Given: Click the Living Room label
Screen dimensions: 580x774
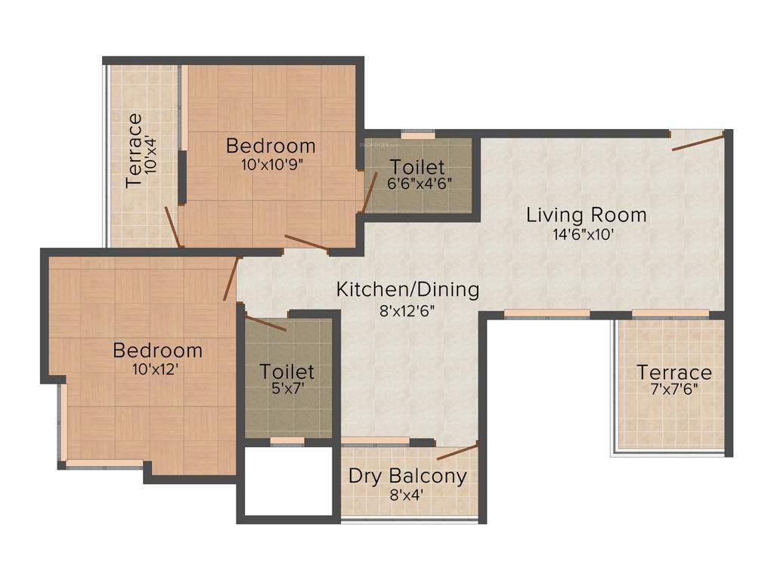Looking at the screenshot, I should pyautogui.click(x=587, y=215).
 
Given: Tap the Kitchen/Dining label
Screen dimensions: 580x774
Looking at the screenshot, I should pyautogui.click(x=407, y=289).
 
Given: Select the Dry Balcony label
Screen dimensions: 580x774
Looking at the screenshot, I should pyautogui.click(x=407, y=477).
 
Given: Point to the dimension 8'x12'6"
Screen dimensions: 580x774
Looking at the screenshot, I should pyautogui.click(x=407, y=309).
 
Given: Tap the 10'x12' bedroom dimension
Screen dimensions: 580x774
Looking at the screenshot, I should pyautogui.click(x=157, y=369).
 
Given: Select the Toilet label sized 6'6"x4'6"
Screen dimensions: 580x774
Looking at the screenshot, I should pyautogui.click(x=417, y=167).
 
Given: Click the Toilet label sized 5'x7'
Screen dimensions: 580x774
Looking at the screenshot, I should pyautogui.click(x=287, y=372).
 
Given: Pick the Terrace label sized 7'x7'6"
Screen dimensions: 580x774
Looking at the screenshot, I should pyautogui.click(x=673, y=372).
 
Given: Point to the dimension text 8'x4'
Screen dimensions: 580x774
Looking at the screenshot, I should pyautogui.click(x=407, y=495).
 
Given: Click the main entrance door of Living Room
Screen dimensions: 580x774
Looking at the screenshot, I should pyautogui.click(x=698, y=140).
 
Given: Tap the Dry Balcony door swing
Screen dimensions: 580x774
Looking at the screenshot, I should pyautogui.click(x=457, y=452).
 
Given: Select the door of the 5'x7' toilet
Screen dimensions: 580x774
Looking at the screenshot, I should pyautogui.click(x=265, y=323).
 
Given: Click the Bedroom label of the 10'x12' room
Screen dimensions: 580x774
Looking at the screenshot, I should pyautogui.click(x=157, y=350).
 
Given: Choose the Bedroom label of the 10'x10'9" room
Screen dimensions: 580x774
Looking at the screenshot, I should pyautogui.click(x=271, y=145).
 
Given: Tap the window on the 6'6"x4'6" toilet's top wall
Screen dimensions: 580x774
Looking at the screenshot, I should pyautogui.click(x=417, y=135).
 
